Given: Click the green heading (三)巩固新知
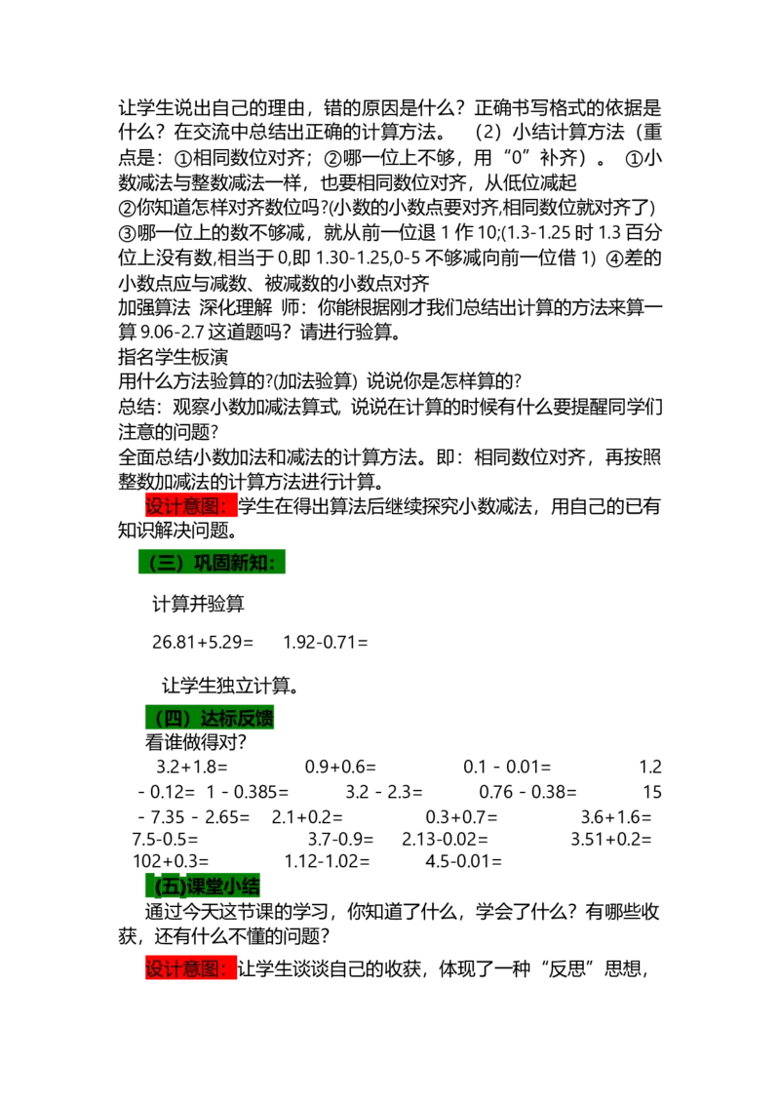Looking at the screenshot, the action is (x=212, y=562).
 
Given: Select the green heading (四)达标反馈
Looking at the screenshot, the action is (x=210, y=718).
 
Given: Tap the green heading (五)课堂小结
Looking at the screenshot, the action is (x=203, y=885).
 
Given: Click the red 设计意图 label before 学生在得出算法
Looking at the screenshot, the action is (x=191, y=505).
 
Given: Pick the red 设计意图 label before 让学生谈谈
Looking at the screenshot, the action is (x=191, y=968).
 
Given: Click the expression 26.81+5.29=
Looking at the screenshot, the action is (x=203, y=642).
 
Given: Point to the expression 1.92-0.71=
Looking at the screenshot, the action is (x=326, y=642).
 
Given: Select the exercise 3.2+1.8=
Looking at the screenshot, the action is (x=192, y=767).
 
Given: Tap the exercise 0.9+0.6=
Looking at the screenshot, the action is (x=340, y=767).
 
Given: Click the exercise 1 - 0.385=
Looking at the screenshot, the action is (x=247, y=792).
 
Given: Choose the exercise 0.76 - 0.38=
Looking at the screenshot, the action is (x=528, y=792).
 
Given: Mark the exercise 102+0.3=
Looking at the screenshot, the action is (x=171, y=861).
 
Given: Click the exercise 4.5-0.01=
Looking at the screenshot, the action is (x=463, y=861).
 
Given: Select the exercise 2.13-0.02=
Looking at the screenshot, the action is (x=445, y=840).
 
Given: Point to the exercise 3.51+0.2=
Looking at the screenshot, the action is (x=611, y=840).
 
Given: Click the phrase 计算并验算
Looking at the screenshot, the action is (x=199, y=604).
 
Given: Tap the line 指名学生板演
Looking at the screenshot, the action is (x=174, y=356).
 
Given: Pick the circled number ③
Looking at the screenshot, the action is (x=127, y=233).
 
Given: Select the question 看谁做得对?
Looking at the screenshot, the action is (x=196, y=742).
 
